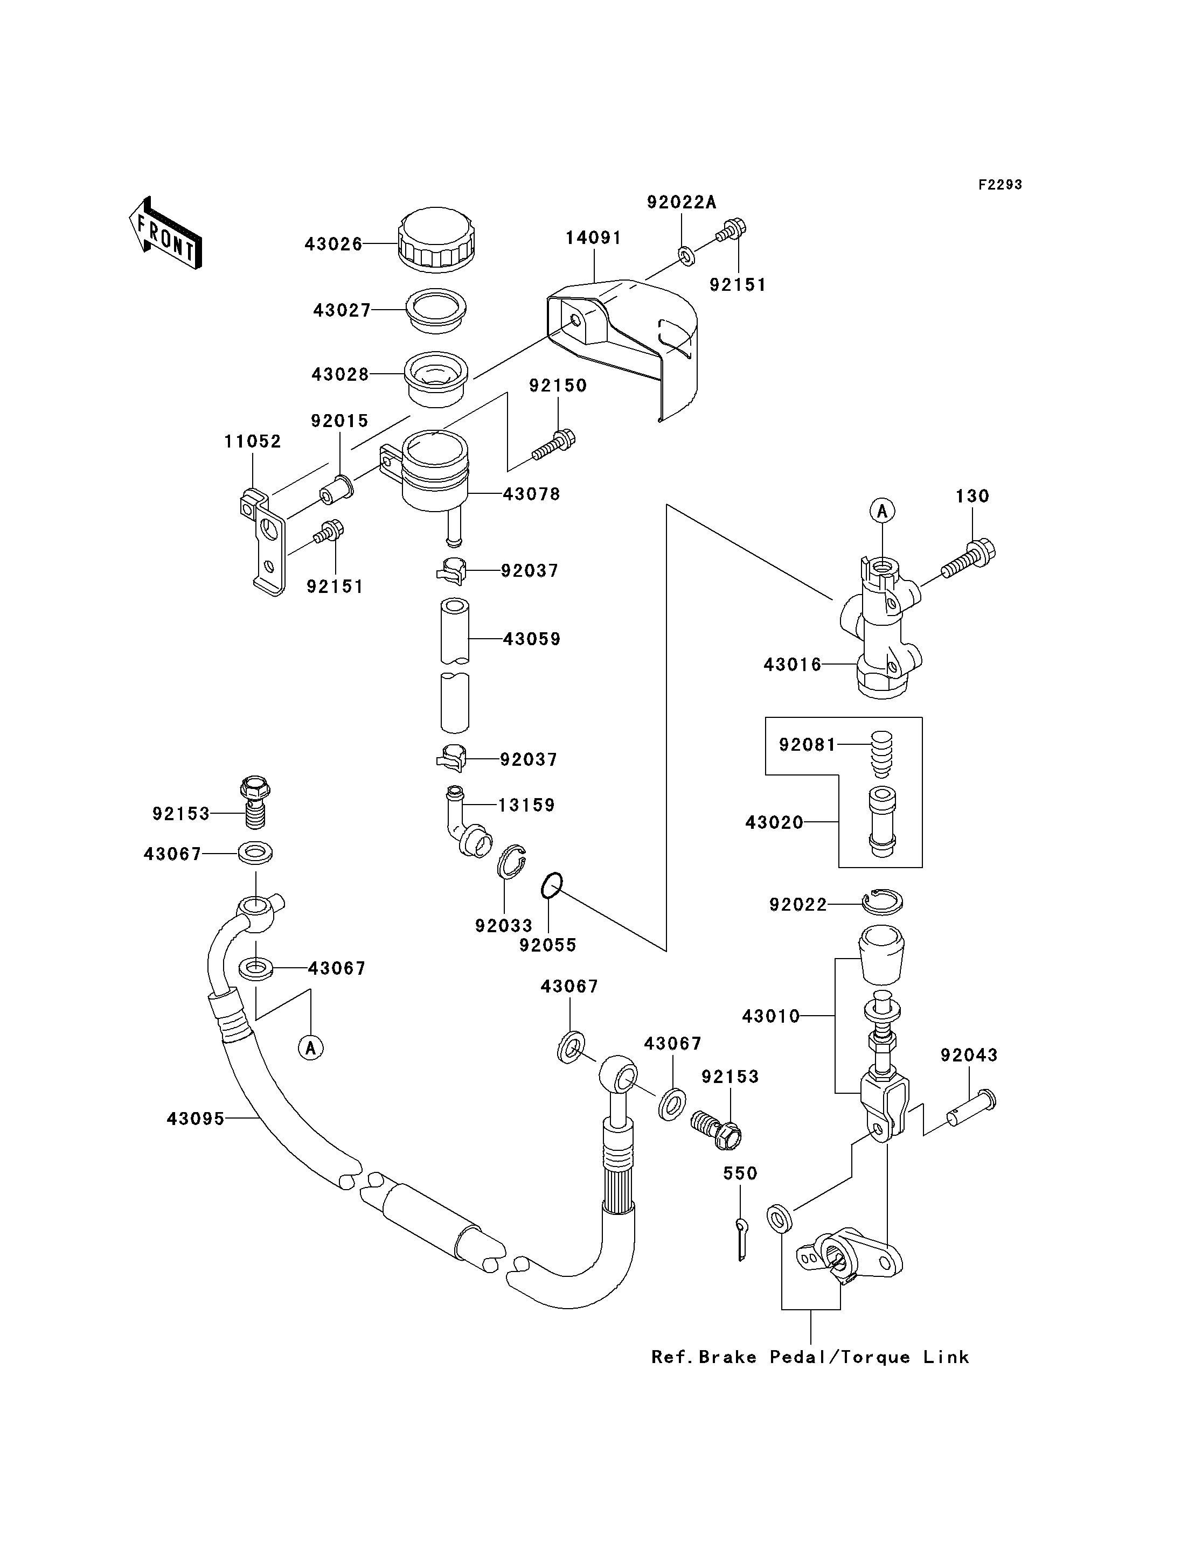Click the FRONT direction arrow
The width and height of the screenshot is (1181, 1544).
coord(166,233)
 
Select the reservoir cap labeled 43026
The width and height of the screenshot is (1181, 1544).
coord(436,239)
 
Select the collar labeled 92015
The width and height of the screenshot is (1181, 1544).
coord(337,490)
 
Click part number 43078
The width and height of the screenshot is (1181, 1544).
coord(531,494)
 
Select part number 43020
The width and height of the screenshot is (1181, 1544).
coord(774,822)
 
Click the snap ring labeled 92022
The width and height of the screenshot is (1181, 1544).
coord(883,903)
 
